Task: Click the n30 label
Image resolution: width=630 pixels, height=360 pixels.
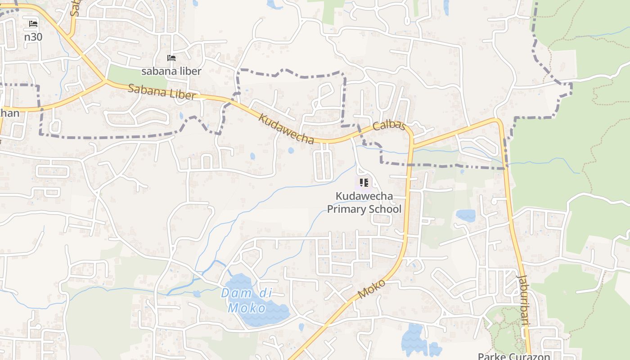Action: [x=33, y=36]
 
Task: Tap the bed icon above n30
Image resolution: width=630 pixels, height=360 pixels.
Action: [x=33, y=24]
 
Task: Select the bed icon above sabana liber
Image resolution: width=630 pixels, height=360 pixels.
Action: [x=171, y=58]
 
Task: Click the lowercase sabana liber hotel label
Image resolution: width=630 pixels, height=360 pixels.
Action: [x=171, y=71]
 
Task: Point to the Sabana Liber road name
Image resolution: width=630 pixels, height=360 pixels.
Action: [x=162, y=92]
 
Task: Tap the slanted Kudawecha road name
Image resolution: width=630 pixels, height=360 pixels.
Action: [x=287, y=129]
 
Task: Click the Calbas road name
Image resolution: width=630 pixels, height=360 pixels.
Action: [x=389, y=126]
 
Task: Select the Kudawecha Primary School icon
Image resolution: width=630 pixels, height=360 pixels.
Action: [x=364, y=183]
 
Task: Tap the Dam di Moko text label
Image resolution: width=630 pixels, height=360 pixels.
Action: [x=247, y=301]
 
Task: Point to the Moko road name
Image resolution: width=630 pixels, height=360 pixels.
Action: [x=372, y=289]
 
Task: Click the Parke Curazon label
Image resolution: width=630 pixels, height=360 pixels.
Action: [x=514, y=356]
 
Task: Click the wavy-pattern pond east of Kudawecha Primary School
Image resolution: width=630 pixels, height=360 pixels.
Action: [x=466, y=215]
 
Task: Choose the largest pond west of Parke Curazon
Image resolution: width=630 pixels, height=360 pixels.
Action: [x=413, y=340]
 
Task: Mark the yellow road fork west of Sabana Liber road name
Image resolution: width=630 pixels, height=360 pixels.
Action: [x=105, y=81]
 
